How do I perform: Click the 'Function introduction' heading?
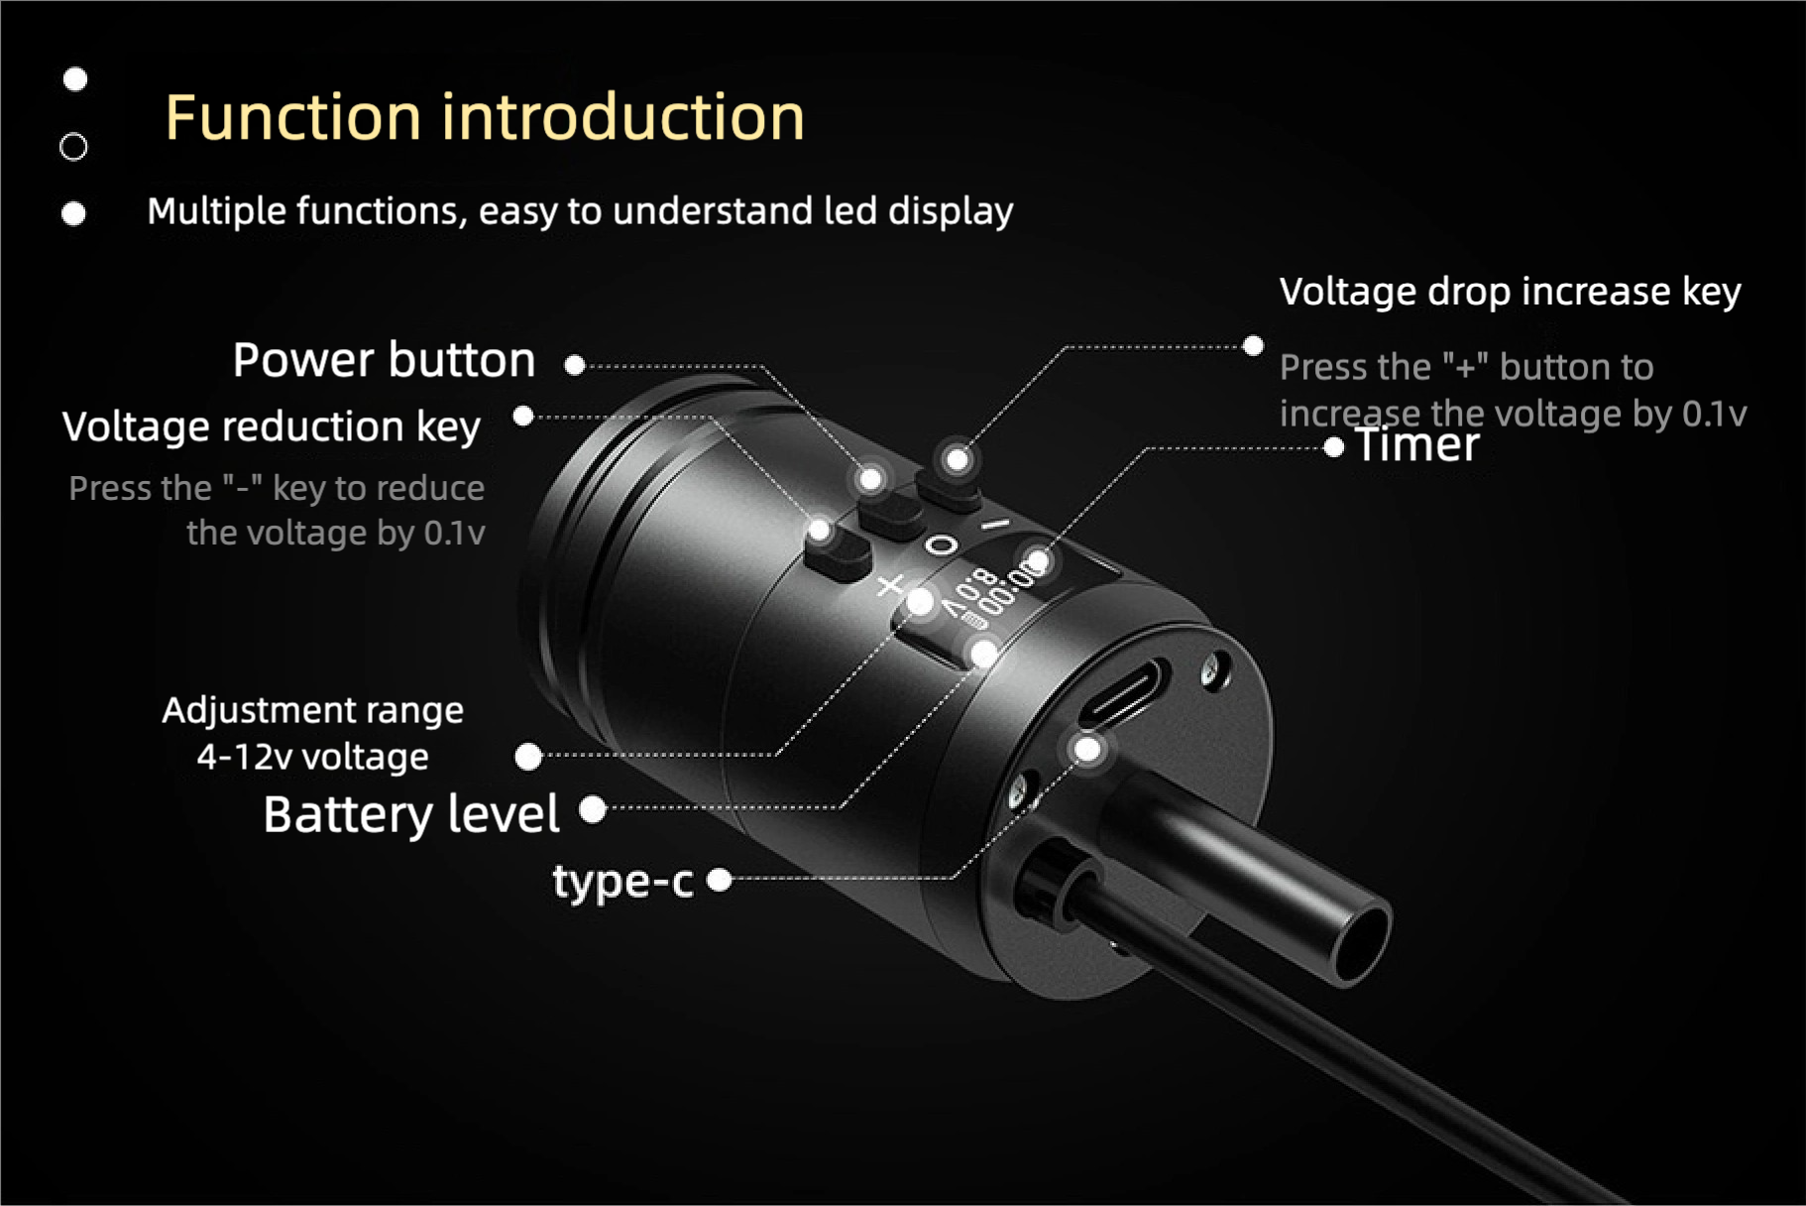[x=484, y=117]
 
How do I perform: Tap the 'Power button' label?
[x=384, y=359]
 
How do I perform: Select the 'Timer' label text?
[x=1416, y=444]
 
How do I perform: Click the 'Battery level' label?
[x=410, y=814]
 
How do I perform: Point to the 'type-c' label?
[x=622, y=881]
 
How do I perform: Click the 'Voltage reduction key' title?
[x=271, y=426]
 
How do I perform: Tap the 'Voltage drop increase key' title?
[x=1509, y=292]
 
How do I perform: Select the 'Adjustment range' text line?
[x=312, y=710]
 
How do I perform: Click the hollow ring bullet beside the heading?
[x=73, y=147]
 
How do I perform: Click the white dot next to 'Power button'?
[x=574, y=365]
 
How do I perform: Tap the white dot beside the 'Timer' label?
[x=1333, y=448]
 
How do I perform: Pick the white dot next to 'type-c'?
[x=720, y=879]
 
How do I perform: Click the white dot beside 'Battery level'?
[x=593, y=809]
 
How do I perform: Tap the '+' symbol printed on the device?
[x=890, y=586]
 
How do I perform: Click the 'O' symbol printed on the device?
[x=942, y=545]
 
